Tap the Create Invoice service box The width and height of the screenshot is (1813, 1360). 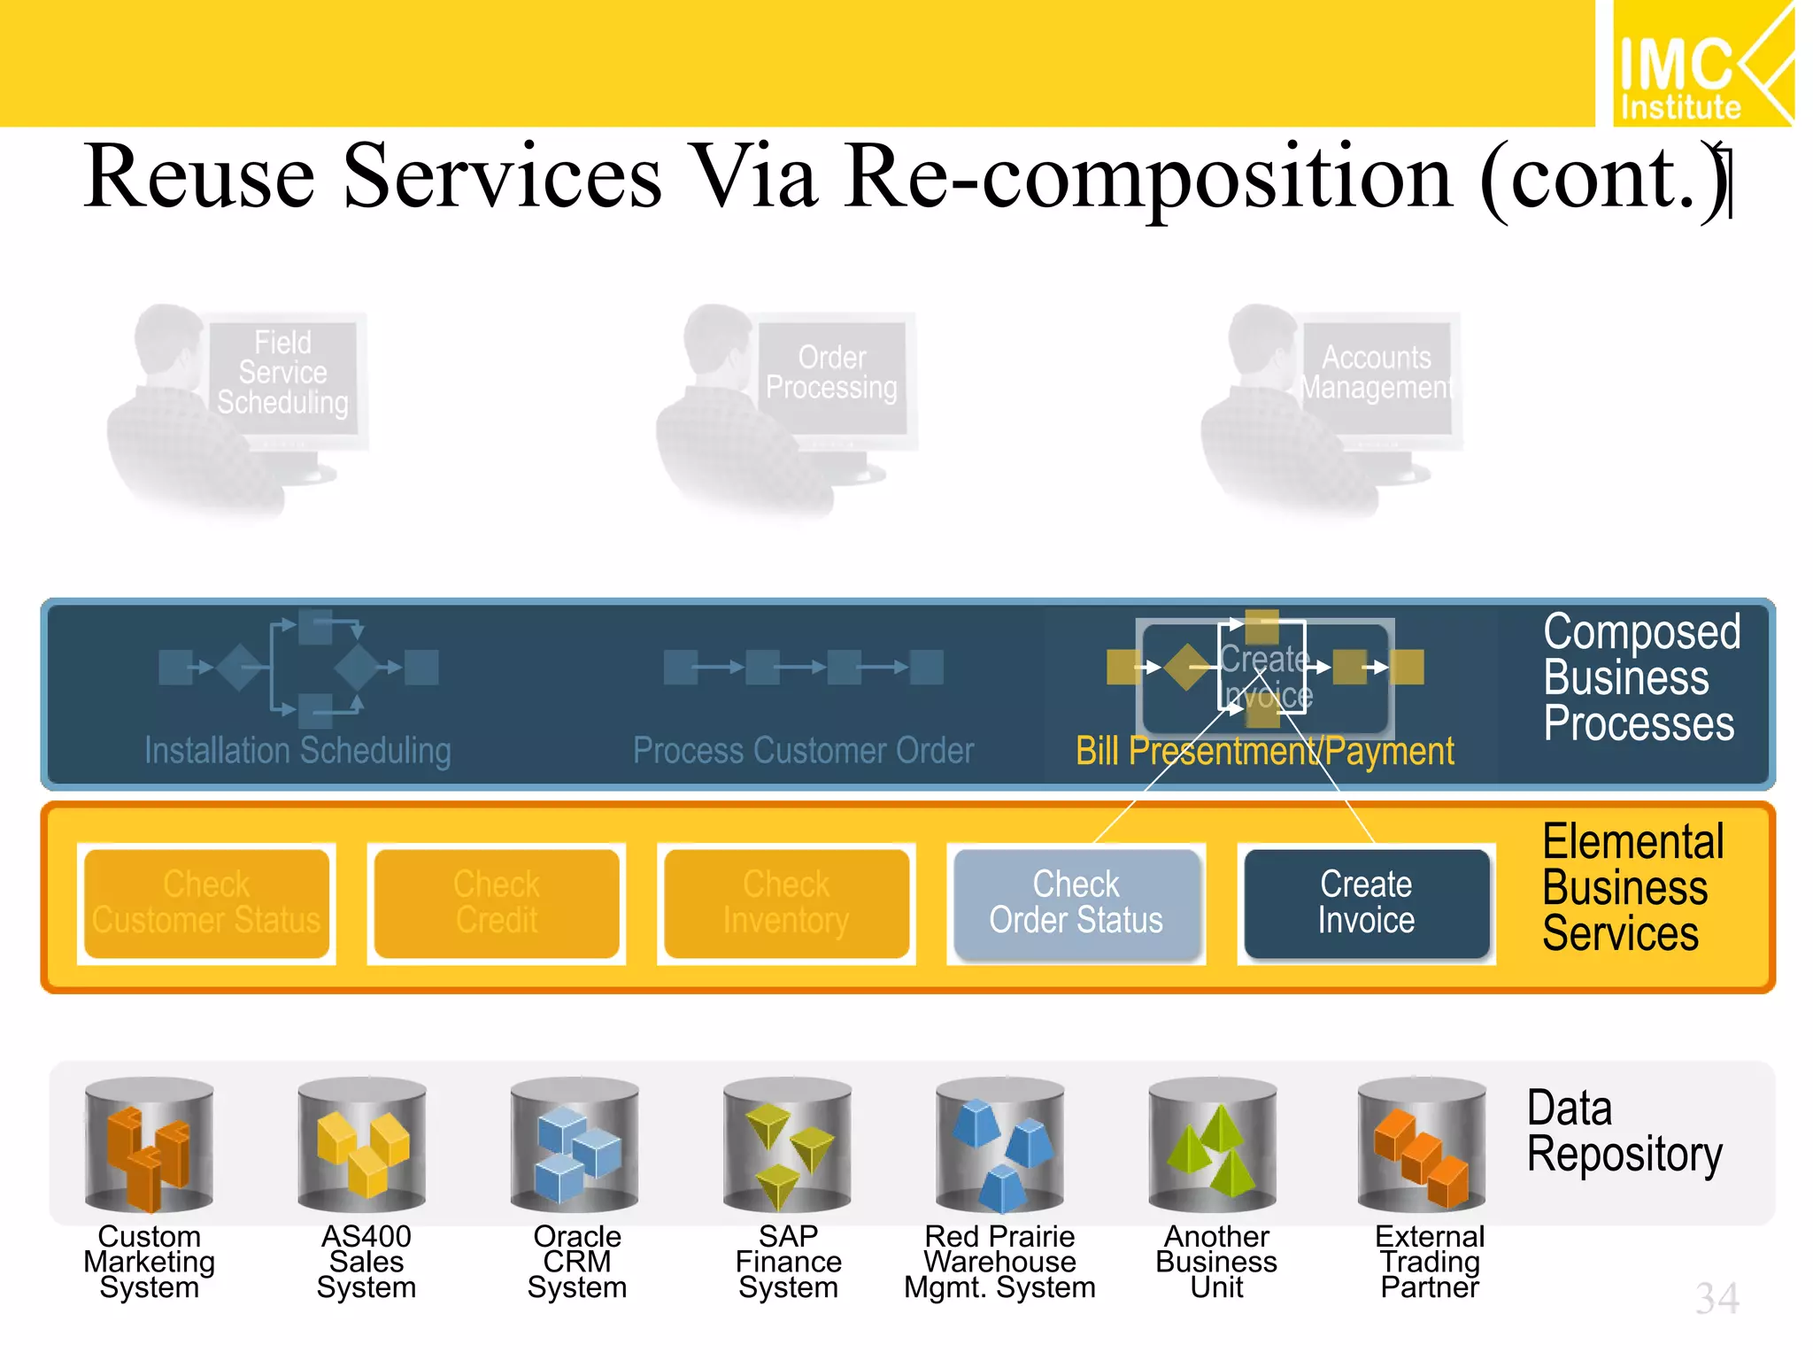pos(1366,902)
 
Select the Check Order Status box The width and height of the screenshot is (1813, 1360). pos(1076,902)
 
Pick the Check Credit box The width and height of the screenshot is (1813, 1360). pos(497,902)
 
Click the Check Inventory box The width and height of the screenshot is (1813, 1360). pos(786,902)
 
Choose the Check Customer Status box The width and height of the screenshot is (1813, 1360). pos(206,902)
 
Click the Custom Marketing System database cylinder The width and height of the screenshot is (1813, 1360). pos(149,1144)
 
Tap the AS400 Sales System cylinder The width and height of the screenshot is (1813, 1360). pos(362,1144)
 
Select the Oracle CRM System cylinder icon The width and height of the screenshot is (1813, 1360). pos(575,1144)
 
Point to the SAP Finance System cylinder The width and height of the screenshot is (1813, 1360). pos(787,1144)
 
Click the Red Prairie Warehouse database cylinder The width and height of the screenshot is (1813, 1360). pos(1000,1144)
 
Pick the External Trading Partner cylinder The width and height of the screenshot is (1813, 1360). pos(1422,1144)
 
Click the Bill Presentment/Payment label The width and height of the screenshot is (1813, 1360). pos(1264,752)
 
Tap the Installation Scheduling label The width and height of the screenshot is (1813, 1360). pos(297,751)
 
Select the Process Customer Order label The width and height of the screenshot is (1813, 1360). pos(803,751)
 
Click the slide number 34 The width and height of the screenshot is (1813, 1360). pos(1717,1299)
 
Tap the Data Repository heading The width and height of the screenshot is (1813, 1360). pos(1624,1132)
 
